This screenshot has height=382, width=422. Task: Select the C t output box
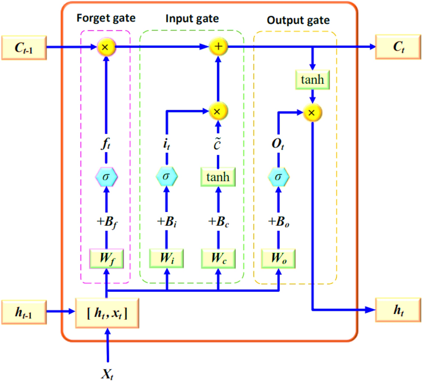pyautogui.click(x=398, y=47)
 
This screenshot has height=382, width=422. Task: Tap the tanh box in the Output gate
pyautogui.click(x=312, y=80)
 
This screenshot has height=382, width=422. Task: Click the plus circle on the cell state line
pyautogui.click(x=217, y=47)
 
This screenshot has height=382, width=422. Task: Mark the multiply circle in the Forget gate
pyautogui.click(x=105, y=47)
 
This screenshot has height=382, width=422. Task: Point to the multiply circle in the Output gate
pyautogui.click(x=312, y=112)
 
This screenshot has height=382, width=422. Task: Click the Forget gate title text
pyautogui.click(x=106, y=18)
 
